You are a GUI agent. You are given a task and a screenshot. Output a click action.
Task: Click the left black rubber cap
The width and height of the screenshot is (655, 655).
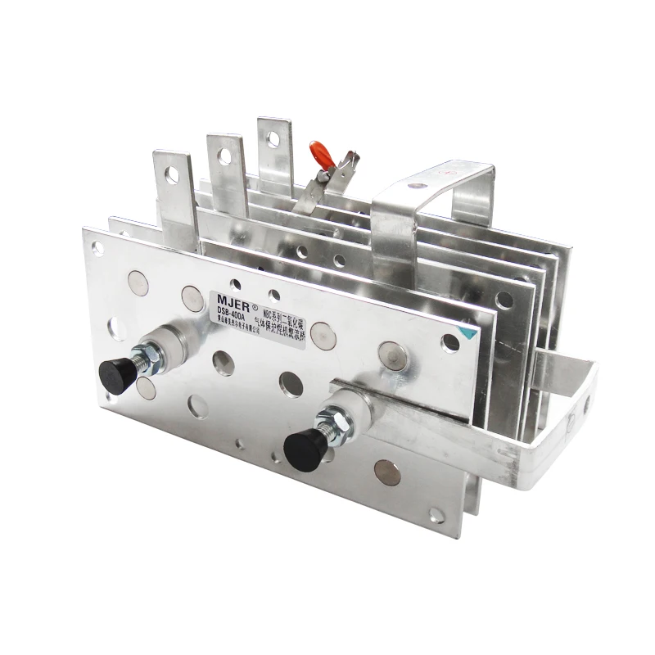pyautogui.click(x=117, y=374)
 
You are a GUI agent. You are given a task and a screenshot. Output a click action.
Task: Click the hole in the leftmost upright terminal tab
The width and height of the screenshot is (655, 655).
pyautogui.click(x=173, y=174)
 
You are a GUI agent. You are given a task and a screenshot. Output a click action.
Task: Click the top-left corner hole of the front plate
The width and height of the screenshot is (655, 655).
pyautogui.click(x=97, y=246)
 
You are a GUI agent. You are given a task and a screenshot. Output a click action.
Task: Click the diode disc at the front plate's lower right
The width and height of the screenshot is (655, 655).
pyautogui.click(x=387, y=472)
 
